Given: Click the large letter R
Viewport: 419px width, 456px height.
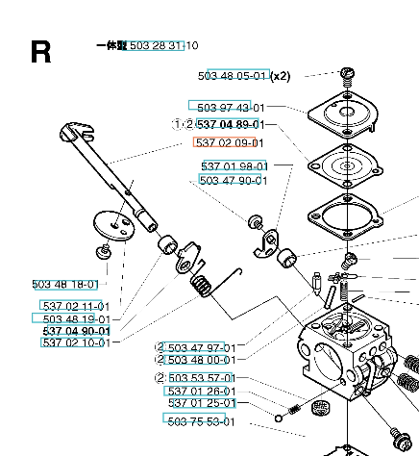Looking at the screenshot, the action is coord(40,52).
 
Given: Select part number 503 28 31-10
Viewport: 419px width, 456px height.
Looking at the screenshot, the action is coord(164,45).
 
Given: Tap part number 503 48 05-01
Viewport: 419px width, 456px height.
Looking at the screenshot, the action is coord(233,76).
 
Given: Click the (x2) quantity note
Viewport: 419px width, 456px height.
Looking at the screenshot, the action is coord(280,76).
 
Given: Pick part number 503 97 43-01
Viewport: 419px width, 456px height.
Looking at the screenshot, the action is coord(231,108).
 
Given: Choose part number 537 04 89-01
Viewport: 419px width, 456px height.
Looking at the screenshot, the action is coord(231,124).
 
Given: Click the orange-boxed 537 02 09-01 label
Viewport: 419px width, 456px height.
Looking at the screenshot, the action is coord(230,142).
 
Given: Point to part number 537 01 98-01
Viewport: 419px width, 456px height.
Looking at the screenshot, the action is coord(234,166).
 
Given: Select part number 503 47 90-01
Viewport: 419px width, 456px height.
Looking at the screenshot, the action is coord(234,180).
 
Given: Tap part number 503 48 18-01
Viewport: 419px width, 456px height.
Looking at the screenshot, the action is coord(65,285).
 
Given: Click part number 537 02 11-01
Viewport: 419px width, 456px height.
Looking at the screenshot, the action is coord(76,306).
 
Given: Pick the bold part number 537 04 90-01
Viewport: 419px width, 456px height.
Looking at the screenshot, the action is coord(77,331).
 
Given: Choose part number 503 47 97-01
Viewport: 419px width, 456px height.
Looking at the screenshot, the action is coord(202,348).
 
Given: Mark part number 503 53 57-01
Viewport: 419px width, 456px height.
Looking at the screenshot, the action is coord(202,378).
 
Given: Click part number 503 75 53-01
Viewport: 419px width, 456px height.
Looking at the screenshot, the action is coord(201,421).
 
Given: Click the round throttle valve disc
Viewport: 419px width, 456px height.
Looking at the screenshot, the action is coord(114,225).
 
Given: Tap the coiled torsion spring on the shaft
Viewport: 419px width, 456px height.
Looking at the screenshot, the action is coord(201,285).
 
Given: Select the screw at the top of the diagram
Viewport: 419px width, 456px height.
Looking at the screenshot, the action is coord(347,77).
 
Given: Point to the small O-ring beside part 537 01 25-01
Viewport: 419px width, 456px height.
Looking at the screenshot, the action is coord(279,418).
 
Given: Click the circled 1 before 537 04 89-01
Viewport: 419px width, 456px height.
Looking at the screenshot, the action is coord(177,124).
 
